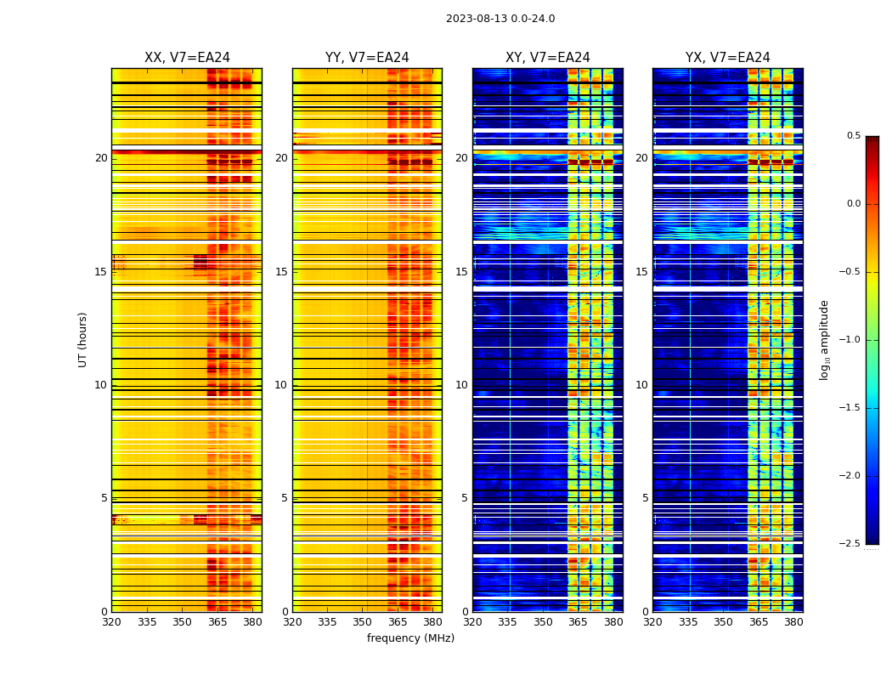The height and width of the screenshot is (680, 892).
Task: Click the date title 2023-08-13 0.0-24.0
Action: coord(500,19)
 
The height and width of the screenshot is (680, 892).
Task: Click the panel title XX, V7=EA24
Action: coord(187,58)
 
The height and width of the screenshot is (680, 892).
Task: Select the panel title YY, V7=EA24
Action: coord(367,58)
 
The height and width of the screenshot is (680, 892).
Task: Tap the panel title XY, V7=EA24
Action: coord(548,58)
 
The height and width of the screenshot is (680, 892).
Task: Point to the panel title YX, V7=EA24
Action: coord(728,58)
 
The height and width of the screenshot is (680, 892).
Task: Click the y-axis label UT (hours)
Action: coord(83,339)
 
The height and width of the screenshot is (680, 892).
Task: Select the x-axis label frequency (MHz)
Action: coord(410,638)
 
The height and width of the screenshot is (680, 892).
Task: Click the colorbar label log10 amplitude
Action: coord(824,339)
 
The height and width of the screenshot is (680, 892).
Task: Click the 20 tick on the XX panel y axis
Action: coord(101,158)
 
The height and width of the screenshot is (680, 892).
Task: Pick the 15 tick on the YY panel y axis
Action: coord(281,272)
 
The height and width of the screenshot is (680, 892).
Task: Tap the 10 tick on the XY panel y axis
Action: coord(461,385)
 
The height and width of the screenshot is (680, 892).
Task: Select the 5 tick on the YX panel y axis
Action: coord(645,498)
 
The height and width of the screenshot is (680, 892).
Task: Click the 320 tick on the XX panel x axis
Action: coord(111,622)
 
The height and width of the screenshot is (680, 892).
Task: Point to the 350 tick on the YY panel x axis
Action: coord(363,622)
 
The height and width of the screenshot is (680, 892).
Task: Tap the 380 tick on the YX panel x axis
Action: coord(793,622)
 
